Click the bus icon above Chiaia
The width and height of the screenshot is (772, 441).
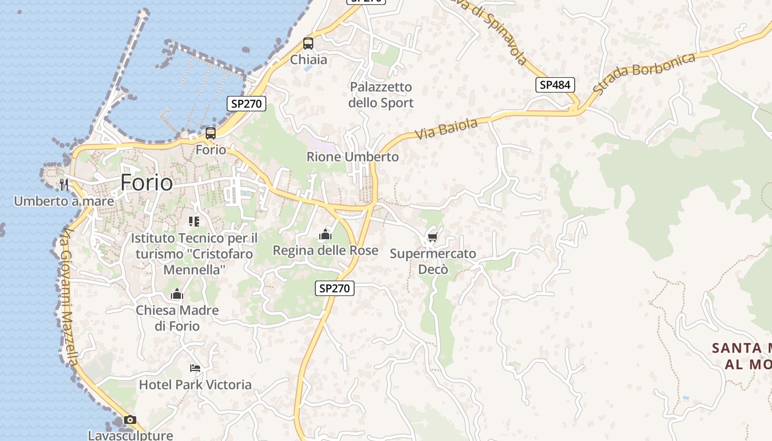(x=308, y=44)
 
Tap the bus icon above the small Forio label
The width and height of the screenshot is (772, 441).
(x=211, y=133)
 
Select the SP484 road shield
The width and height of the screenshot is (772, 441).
(x=555, y=85)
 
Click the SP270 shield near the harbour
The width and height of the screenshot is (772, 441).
(x=246, y=103)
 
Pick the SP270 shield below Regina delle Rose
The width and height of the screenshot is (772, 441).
(x=335, y=288)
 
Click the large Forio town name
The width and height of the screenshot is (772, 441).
(x=146, y=182)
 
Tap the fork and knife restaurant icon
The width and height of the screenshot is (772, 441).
(x=64, y=184)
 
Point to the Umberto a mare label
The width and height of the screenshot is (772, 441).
(x=64, y=201)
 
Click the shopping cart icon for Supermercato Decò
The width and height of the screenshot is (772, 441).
(x=432, y=238)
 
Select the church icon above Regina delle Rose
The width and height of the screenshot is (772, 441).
(x=325, y=235)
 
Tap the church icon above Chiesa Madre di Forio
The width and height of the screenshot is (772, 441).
(x=177, y=294)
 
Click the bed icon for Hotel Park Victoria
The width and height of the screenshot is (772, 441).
(x=195, y=368)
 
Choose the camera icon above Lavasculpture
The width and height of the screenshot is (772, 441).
(x=130, y=420)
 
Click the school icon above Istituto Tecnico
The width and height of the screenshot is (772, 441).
(x=194, y=222)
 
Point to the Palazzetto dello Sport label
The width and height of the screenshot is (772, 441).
(x=381, y=95)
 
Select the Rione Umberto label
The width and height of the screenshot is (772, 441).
(x=352, y=157)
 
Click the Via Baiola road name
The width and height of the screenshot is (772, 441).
(x=446, y=129)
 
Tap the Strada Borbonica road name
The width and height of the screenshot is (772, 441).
(x=645, y=72)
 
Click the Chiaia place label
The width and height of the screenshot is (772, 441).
(x=309, y=60)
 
